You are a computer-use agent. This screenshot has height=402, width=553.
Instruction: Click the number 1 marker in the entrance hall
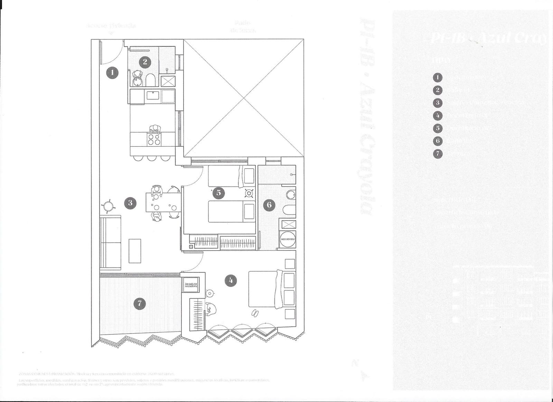[112, 73]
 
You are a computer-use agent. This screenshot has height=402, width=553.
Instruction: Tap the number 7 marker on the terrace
[140, 303]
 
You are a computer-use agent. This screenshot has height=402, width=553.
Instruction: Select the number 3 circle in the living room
[130, 203]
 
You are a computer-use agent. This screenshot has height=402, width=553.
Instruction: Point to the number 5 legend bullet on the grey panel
[438, 128]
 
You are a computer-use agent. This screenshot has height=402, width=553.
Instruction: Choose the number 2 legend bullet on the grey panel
[438, 90]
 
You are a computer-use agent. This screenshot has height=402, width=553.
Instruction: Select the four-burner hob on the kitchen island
[154, 139]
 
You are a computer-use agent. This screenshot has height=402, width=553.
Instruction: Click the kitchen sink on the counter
[152, 95]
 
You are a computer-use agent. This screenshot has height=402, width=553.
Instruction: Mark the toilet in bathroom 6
[287, 210]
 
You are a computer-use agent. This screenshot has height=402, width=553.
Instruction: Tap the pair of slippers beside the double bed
[255, 312]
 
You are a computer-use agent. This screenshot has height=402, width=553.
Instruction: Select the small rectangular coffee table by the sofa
[135, 251]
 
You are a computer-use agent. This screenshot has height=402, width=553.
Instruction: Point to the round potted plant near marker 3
[109, 206]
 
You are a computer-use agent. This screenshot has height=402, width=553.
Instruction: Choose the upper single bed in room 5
[231, 176]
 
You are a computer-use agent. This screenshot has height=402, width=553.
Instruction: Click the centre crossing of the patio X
[244, 98]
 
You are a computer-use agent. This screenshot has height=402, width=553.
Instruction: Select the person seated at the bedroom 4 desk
[209, 308]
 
